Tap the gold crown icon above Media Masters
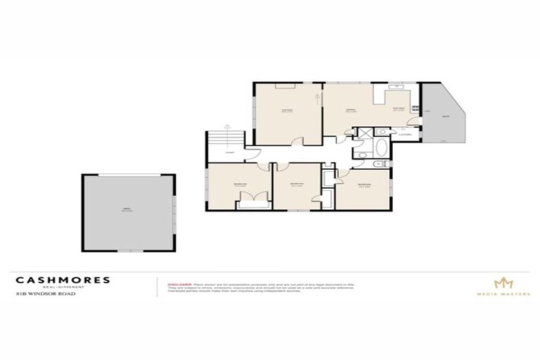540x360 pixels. [x=503, y=283]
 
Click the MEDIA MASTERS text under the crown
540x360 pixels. [x=503, y=293]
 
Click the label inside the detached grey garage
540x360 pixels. [x=127, y=211]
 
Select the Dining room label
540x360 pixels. [x=349, y=110]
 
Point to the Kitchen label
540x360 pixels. [x=399, y=109]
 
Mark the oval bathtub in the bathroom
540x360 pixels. [x=380, y=148]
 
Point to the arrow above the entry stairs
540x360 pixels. [x=226, y=127]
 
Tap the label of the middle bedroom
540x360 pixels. [x=296, y=184]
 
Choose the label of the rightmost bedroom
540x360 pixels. [x=364, y=186]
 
